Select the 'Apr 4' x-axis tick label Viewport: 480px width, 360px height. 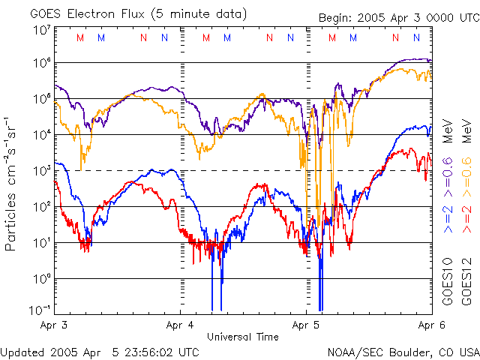pyautogui.click(x=180, y=325)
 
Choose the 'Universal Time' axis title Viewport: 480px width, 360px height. pyautogui.click(x=243, y=337)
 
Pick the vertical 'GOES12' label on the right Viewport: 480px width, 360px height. pyautogui.click(x=465, y=282)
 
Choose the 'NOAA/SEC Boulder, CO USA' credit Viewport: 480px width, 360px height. pyautogui.click(x=403, y=351)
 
